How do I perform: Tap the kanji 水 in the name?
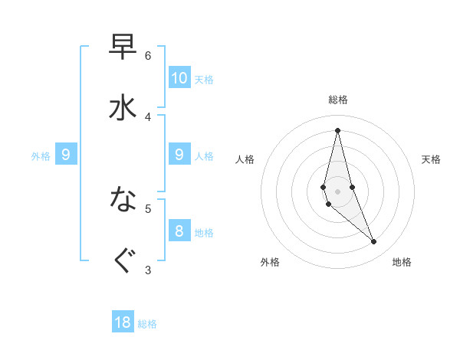pos(123,107)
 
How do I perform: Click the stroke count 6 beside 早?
pos(148,55)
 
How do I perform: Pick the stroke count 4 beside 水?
pos(148,116)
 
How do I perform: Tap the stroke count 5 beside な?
pos(148,208)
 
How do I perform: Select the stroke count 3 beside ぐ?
pos(148,270)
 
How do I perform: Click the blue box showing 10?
pos(179,77)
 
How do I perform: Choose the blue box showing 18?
pos(123,322)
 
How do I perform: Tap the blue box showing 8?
pos(179,231)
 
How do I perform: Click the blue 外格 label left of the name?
pos(41,156)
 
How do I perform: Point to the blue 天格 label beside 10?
pos(204,80)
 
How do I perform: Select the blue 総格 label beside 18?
pos(147,324)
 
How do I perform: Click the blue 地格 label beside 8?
pos(204,233)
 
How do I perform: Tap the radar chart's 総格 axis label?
pos(338,100)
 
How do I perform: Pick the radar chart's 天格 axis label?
pos(432,159)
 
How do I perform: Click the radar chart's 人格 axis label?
pos(245,159)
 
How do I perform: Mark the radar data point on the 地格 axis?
pos(374,242)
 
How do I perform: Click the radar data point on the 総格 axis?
pos(338,130)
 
